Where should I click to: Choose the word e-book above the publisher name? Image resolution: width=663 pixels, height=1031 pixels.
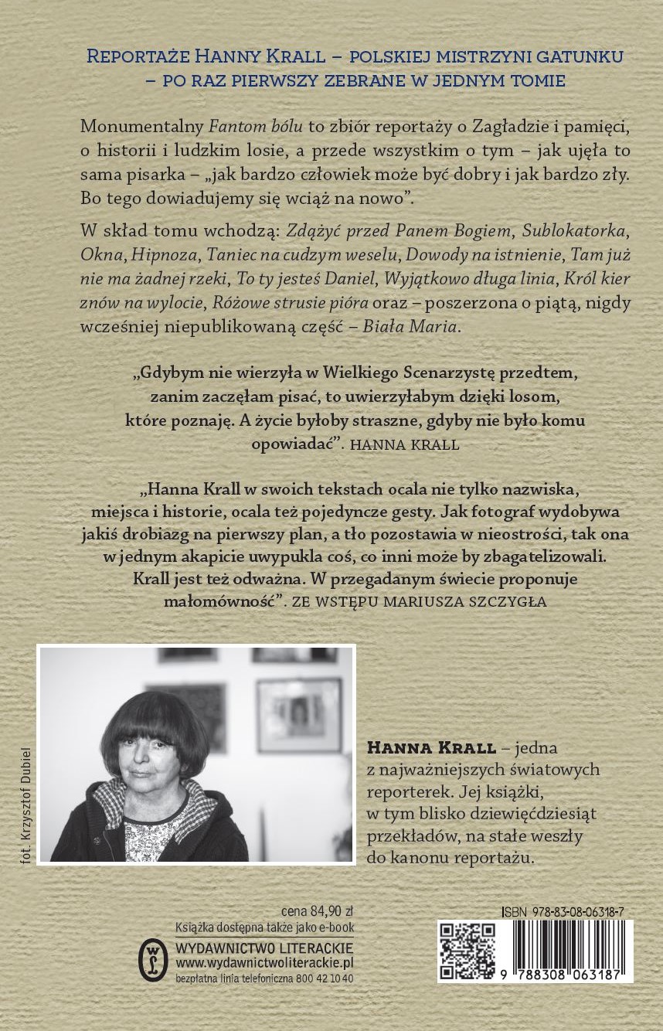[335, 930]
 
